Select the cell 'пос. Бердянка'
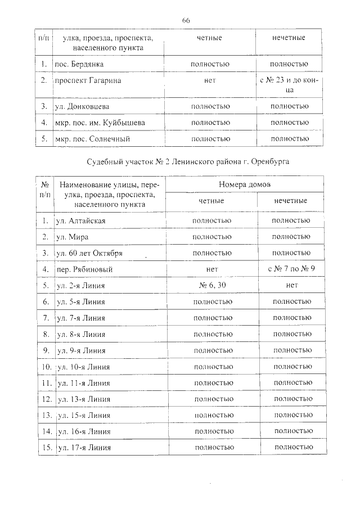(x=79, y=64)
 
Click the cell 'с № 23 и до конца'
(x=289, y=85)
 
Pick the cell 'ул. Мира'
(x=73, y=237)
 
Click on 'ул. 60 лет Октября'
(x=90, y=253)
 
